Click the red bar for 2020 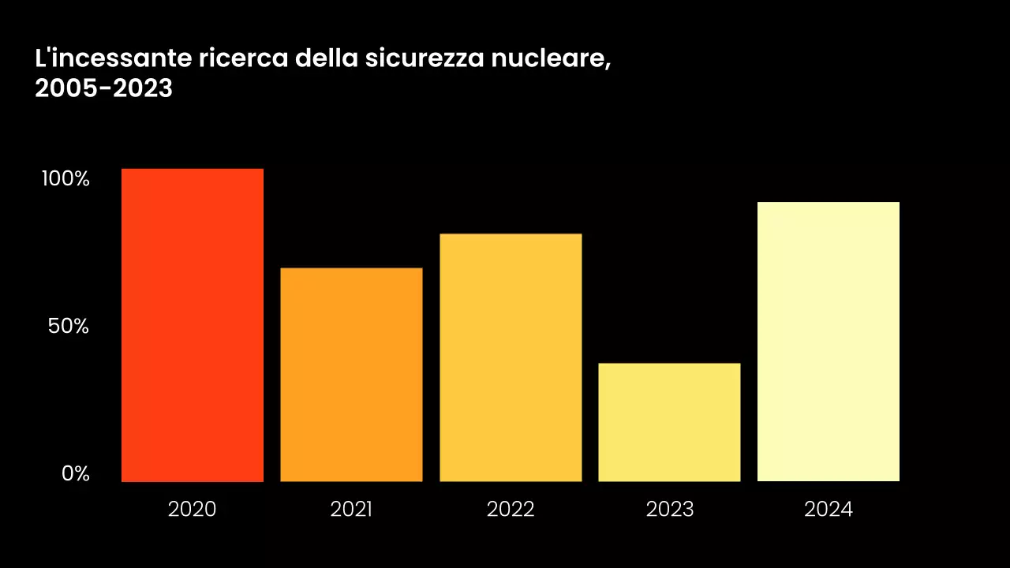click(192, 325)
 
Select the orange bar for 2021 click(351, 375)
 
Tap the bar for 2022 click(511, 357)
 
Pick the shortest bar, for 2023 click(669, 422)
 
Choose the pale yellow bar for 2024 click(828, 342)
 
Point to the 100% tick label click(66, 178)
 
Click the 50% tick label click(69, 326)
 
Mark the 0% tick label click(77, 473)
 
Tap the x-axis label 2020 click(192, 510)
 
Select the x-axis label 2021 click(351, 510)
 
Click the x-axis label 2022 click(511, 510)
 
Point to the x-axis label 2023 click(669, 510)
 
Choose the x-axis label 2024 click(828, 510)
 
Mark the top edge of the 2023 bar click(669, 364)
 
